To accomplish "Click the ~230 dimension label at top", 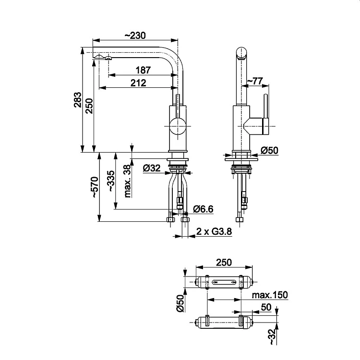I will click(135, 36).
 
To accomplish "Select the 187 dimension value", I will click(143, 70).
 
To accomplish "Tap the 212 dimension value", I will click(138, 83).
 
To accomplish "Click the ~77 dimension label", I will click(254, 81).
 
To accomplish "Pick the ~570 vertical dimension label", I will click(94, 187).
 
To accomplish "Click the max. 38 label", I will click(127, 181).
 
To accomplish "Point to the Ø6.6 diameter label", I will click(203, 208).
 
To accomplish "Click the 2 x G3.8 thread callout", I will click(214, 231).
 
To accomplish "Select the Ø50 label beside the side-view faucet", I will click(269, 150).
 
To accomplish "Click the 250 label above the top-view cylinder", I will click(224, 263).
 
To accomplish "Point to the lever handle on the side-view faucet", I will click(264, 115).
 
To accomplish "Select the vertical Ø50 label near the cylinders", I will click(180, 304).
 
